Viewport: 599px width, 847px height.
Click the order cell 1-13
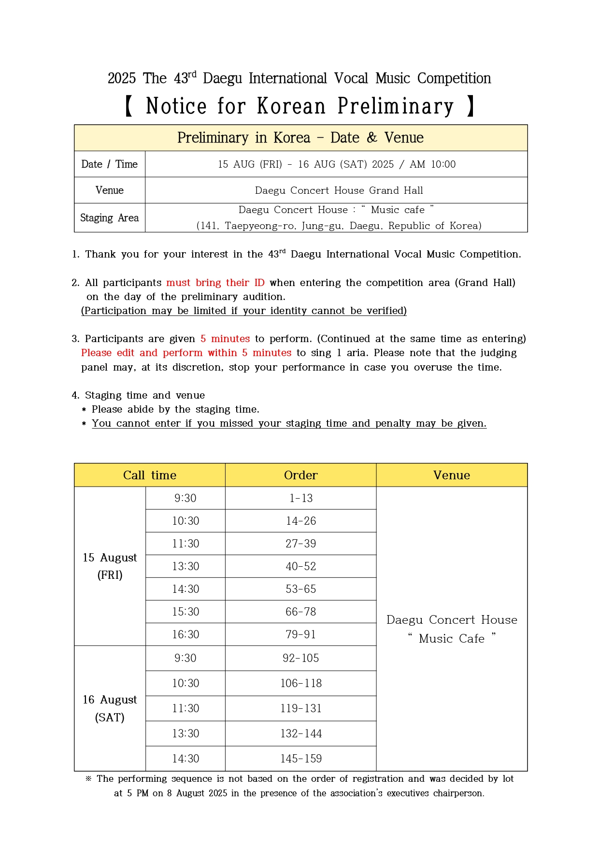coord(300,498)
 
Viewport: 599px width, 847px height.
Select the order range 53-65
coord(300,589)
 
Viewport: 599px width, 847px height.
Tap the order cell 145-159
coord(300,759)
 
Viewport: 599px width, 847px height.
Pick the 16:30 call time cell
coord(185,634)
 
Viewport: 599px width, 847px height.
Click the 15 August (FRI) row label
coord(110,566)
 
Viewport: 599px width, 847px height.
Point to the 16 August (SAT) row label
coord(110,708)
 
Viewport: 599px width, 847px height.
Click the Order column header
coord(300,475)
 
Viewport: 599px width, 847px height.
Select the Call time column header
coord(150,475)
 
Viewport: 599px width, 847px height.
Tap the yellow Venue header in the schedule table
coord(452,475)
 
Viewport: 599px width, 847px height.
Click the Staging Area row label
coord(110,218)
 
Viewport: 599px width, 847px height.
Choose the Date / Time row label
coord(110,164)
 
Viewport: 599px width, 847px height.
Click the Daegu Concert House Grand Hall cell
coord(339,190)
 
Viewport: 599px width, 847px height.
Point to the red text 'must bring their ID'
coord(215,283)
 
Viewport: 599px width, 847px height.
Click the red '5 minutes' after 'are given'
coord(225,339)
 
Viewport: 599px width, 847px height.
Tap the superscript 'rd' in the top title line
coord(192,74)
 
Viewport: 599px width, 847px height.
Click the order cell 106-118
coord(300,683)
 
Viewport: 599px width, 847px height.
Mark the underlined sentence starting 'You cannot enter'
coord(289,423)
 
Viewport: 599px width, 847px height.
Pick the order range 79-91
coord(300,634)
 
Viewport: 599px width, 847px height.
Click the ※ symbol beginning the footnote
coord(88,778)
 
